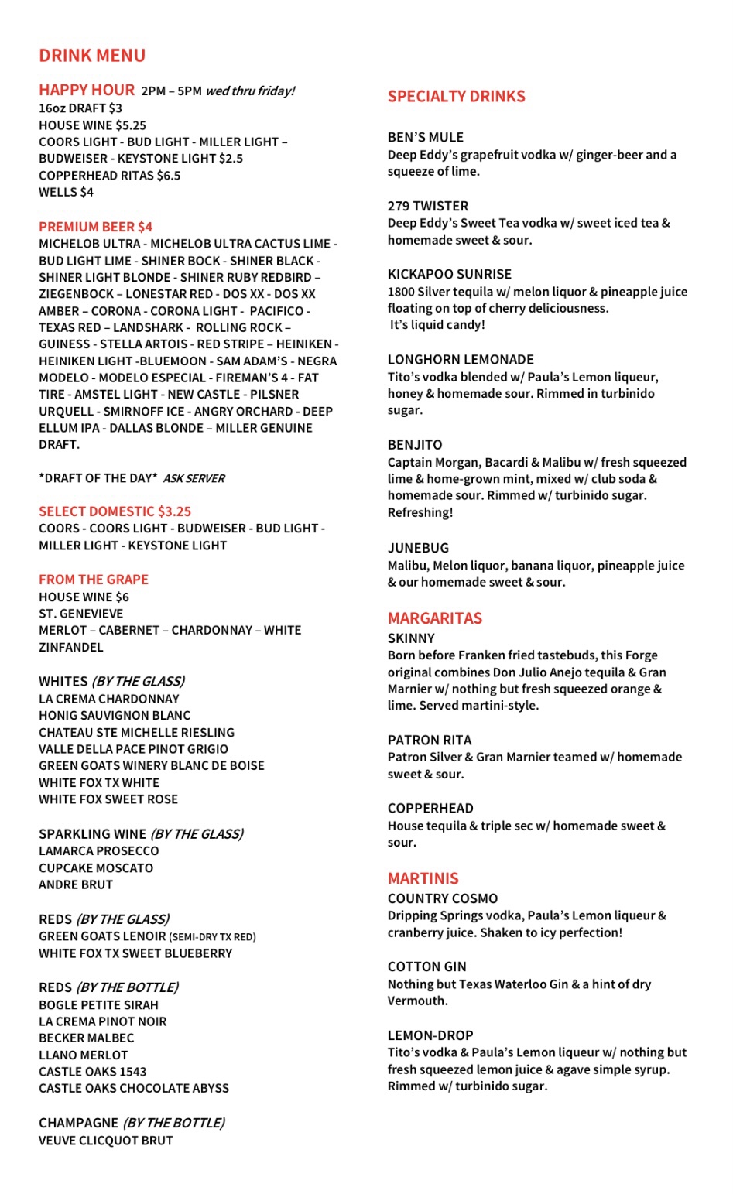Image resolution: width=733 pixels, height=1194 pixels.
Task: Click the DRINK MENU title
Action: (92, 56)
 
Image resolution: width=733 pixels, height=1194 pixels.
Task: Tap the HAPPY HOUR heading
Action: (87, 90)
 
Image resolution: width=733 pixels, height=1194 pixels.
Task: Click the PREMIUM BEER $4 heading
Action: (95, 227)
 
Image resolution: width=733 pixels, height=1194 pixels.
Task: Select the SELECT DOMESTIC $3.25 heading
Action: (115, 511)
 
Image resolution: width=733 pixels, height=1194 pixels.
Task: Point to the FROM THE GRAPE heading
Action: (94, 580)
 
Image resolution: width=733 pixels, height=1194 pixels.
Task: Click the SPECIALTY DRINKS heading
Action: (456, 97)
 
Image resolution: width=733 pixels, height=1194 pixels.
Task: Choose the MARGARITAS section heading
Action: (434, 618)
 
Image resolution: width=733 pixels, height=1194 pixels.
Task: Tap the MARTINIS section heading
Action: (423, 878)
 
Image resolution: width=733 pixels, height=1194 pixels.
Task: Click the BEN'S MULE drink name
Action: (425, 138)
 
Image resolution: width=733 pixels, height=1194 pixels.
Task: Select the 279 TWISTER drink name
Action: (427, 206)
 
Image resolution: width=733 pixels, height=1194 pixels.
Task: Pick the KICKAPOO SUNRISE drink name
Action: (449, 274)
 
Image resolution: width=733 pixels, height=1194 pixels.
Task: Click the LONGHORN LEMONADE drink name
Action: (461, 360)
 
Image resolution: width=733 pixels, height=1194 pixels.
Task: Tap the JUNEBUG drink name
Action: (418, 548)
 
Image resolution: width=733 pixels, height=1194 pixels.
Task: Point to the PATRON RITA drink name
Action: (429, 741)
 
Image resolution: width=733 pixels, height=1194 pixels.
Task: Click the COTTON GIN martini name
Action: (426, 966)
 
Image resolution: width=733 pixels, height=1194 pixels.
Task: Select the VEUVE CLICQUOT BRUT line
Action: (106, 1141)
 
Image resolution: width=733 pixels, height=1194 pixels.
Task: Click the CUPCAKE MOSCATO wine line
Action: (96, 868)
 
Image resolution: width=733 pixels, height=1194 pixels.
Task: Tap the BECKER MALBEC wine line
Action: (86, 1038)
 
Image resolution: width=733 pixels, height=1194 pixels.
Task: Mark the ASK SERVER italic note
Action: (194, 479)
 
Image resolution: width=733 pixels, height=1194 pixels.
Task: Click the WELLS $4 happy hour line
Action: (66, 192)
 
